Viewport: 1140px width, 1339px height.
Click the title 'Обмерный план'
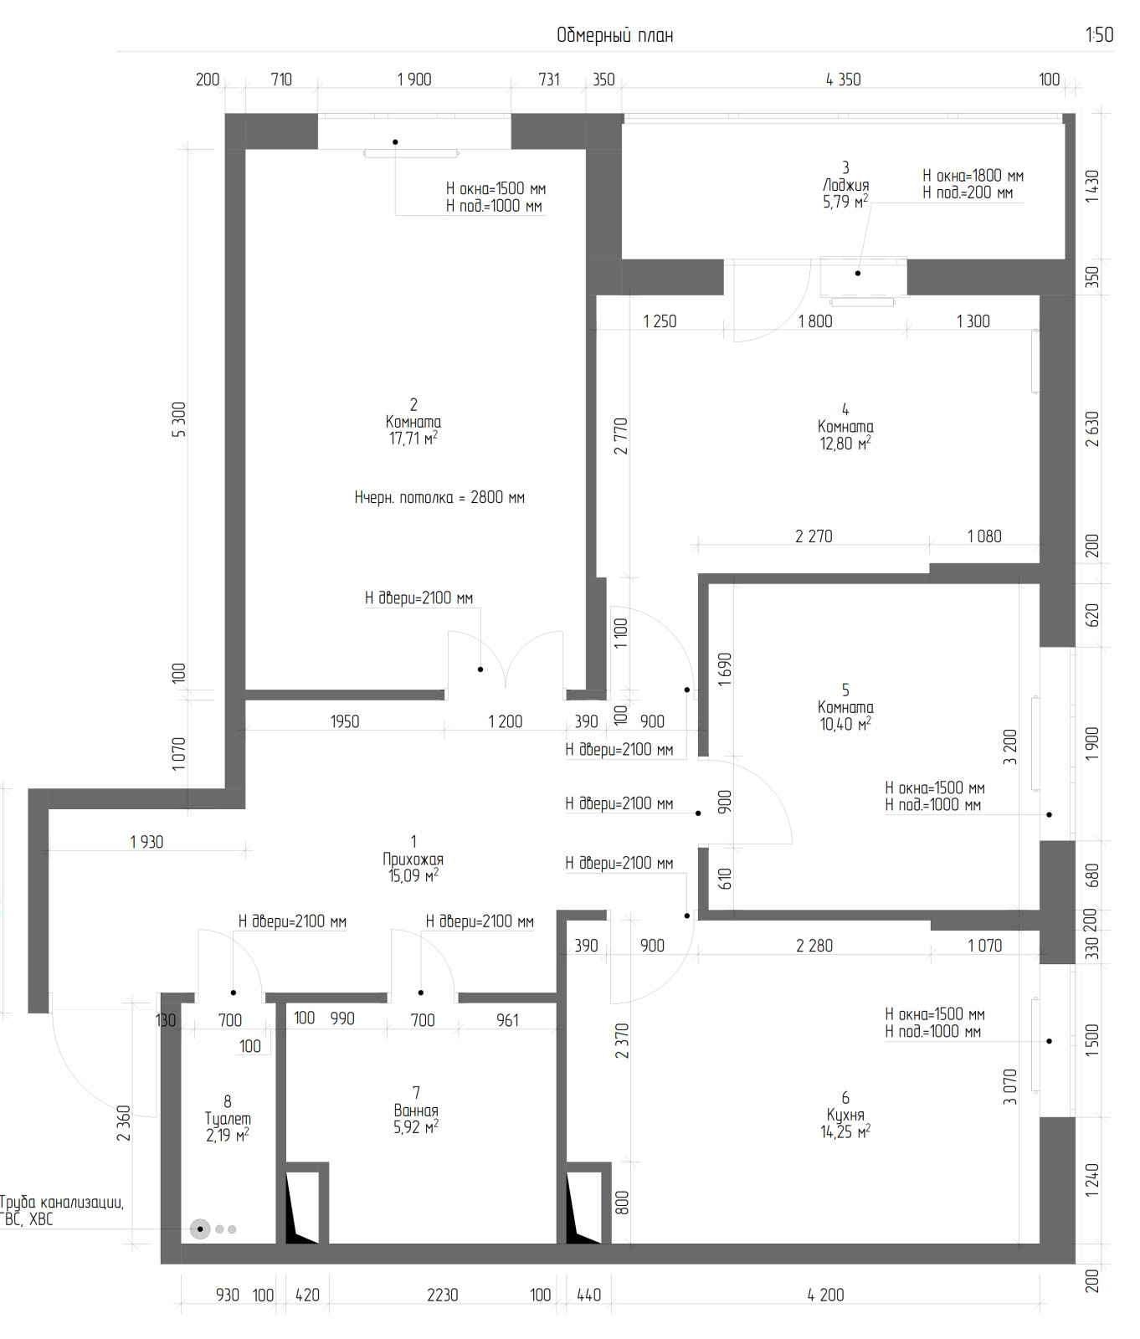click(x=615, y=35)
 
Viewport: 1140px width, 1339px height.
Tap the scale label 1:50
click(x=1099, y=34)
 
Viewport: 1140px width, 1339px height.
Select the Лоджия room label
click(x=845, y=185)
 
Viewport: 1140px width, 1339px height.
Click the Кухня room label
click(x=845, y=1115)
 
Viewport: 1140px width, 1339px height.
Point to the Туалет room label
click(x=228, y=1119)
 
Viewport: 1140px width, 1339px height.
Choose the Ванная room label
click(x=416, y=1111)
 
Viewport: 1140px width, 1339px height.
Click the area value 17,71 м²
click(x=413, y=439)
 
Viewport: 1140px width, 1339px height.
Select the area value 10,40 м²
click(x=845, y=724)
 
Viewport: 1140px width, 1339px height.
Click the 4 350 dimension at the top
click(x=843, y=80)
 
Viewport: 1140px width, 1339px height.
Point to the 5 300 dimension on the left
click(x=179, y=419)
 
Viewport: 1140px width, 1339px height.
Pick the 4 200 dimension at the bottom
click(x=825, y=1295)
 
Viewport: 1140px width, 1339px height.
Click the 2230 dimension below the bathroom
click(x=443, y=1295)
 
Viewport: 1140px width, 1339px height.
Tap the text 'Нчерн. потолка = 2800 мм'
click(x=439, y=497)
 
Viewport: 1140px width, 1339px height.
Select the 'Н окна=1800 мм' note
click(x=973, y=176)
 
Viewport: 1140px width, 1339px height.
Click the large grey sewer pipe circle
click(x=200, y=1229)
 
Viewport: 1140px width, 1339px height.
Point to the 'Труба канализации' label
click(x=62, y=1203)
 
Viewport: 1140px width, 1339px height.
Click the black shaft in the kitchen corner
click(x=583, y=1208)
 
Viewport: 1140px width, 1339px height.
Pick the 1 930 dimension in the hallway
click(x=147, y=842)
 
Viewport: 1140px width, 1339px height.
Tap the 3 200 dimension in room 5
click(x=1010, y=747)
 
